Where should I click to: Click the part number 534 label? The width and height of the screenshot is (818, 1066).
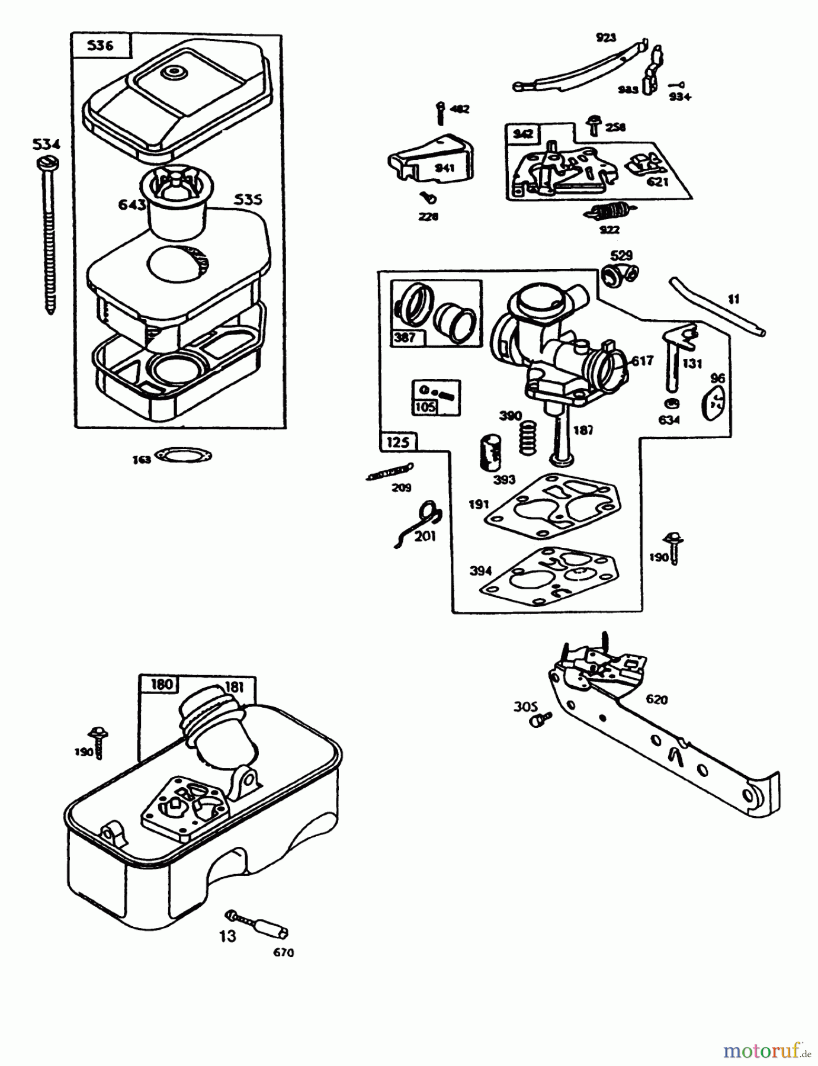coord(47,144)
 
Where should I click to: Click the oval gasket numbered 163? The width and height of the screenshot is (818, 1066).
coord(183,455)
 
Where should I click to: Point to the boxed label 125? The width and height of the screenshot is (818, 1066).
coord(398,442)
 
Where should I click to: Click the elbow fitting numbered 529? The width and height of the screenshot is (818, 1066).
coord(618,274)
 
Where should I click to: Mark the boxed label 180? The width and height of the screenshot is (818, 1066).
coord(161,684)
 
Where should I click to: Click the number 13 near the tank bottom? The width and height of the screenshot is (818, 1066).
coord(227,936)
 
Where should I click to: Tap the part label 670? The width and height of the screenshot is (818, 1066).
coord(284,952)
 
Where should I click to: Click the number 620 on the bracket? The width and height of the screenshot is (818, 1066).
coord(657,699)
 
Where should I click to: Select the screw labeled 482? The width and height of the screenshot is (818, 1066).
coord(440,113)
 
